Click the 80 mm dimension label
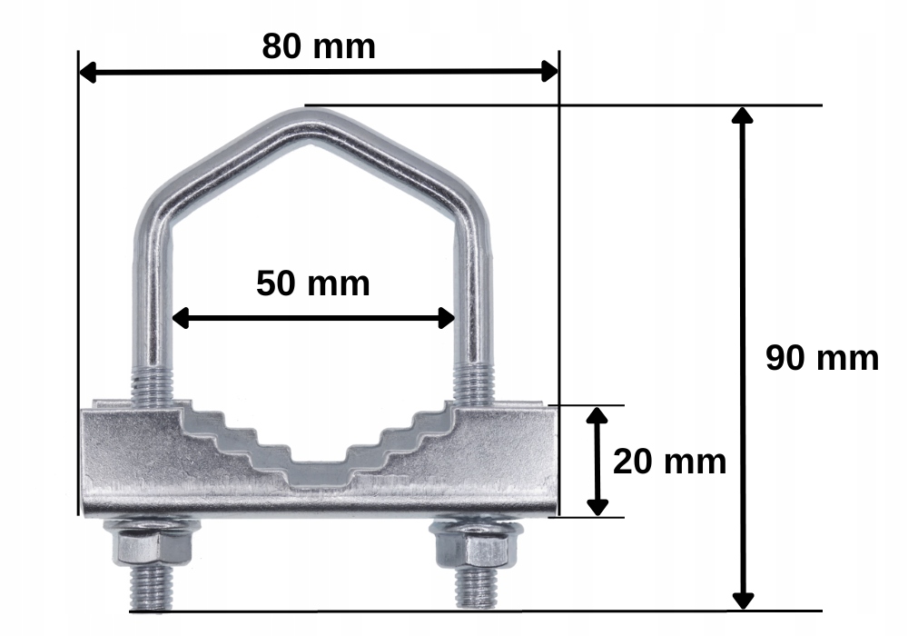pos(319,46)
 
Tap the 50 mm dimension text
pos(312,283)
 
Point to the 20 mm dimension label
pos(669,462)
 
